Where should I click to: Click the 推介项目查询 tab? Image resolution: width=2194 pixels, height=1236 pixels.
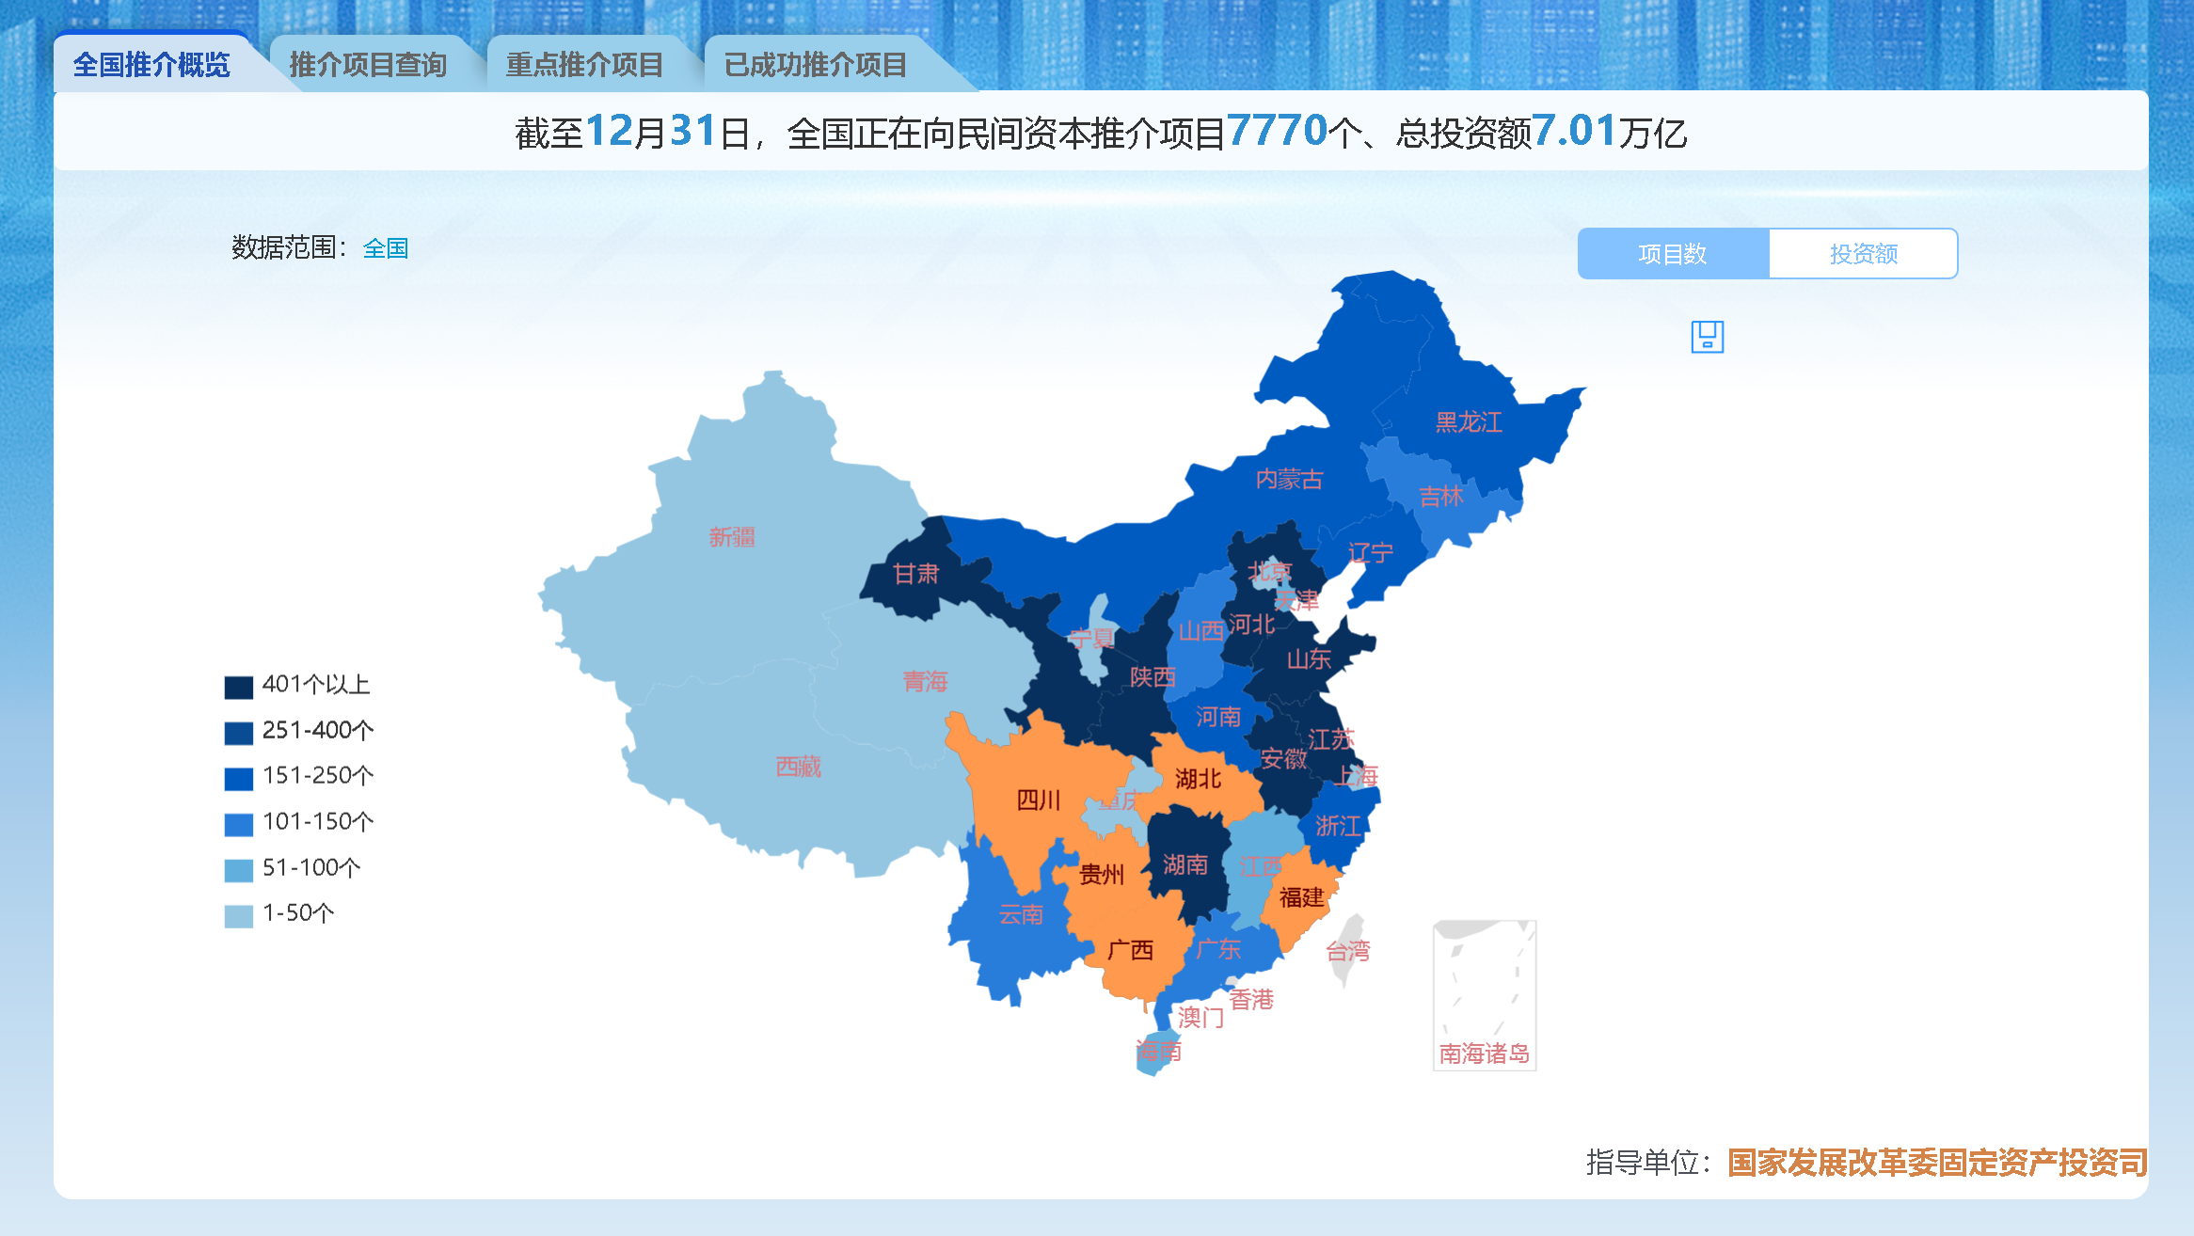[368, 65]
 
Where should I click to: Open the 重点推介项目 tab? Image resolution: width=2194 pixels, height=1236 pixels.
[584, 65]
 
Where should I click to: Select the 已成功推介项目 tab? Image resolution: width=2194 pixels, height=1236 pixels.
[815, 65]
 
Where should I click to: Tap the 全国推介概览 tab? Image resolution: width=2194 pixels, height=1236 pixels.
[151, 65]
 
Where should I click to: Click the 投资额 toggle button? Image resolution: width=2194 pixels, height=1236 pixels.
[1863, 254]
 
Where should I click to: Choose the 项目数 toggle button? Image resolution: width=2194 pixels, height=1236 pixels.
[1672, 254]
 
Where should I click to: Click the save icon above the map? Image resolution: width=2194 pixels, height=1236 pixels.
[1707, 337]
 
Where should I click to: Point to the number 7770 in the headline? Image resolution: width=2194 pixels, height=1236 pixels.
[1277, 131]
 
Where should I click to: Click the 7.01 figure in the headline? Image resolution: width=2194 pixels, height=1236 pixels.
[1574, 131]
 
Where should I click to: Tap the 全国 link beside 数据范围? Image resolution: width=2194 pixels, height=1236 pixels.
[386, 248]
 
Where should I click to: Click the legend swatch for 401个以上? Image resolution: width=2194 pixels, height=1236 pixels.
[239, 688]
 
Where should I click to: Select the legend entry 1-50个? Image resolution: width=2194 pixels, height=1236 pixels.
[298, 913]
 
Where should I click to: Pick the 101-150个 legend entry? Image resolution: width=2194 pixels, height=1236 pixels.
[318, 822]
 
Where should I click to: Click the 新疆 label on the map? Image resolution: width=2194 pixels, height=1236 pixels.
[732, 537]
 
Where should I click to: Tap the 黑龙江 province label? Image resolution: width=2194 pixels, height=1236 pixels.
[1469, 422]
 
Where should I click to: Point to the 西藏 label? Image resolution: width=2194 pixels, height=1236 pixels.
[799, 768]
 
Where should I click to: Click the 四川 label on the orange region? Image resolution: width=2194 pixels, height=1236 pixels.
[1039, 800]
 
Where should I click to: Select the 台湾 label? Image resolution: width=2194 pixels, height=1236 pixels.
[1348, 952]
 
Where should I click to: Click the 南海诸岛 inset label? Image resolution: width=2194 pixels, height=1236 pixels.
[1484, 1054]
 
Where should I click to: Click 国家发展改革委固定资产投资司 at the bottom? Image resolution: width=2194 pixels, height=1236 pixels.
[1937, 1163]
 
